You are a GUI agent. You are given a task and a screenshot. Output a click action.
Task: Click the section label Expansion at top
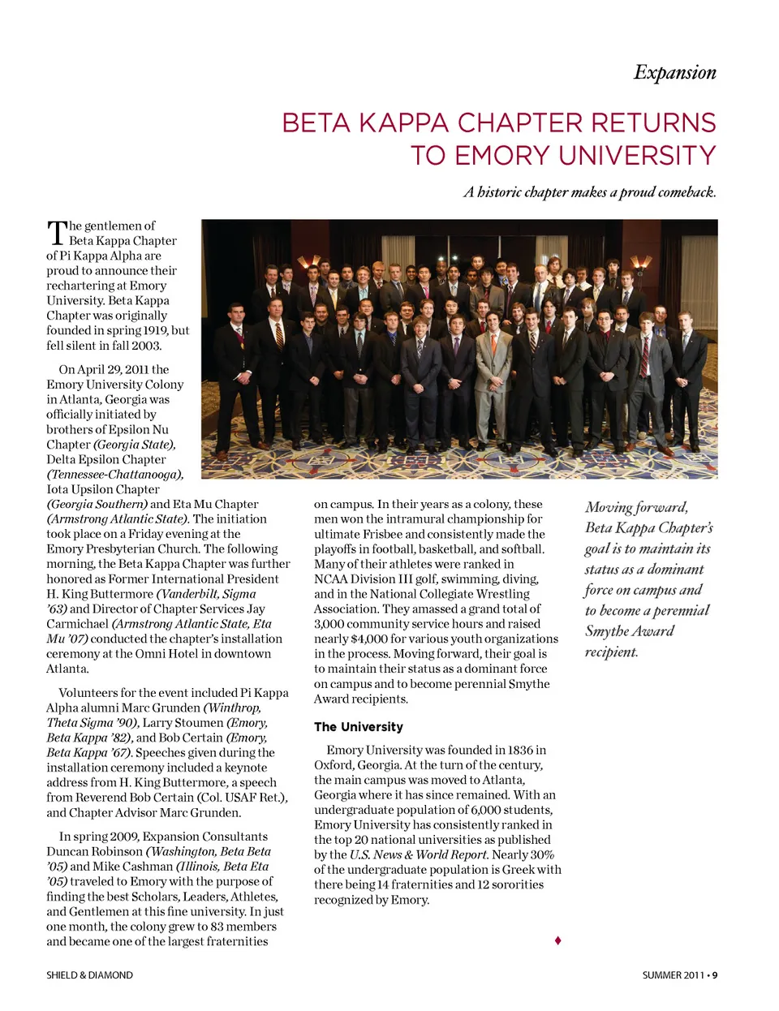point(674,73)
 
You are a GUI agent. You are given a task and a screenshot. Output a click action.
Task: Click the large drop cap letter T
point(56,233)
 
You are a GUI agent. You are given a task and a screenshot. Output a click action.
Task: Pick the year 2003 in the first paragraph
point(146,346)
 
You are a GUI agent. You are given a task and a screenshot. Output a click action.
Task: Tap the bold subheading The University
point(358,727)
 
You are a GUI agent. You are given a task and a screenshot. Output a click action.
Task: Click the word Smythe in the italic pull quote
point(609,631)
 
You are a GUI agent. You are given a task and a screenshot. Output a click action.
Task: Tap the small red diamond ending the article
point(557,940)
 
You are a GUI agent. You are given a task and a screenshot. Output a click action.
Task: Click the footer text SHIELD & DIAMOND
point(89,975)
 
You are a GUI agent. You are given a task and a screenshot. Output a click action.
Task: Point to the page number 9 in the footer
point(715,975)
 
